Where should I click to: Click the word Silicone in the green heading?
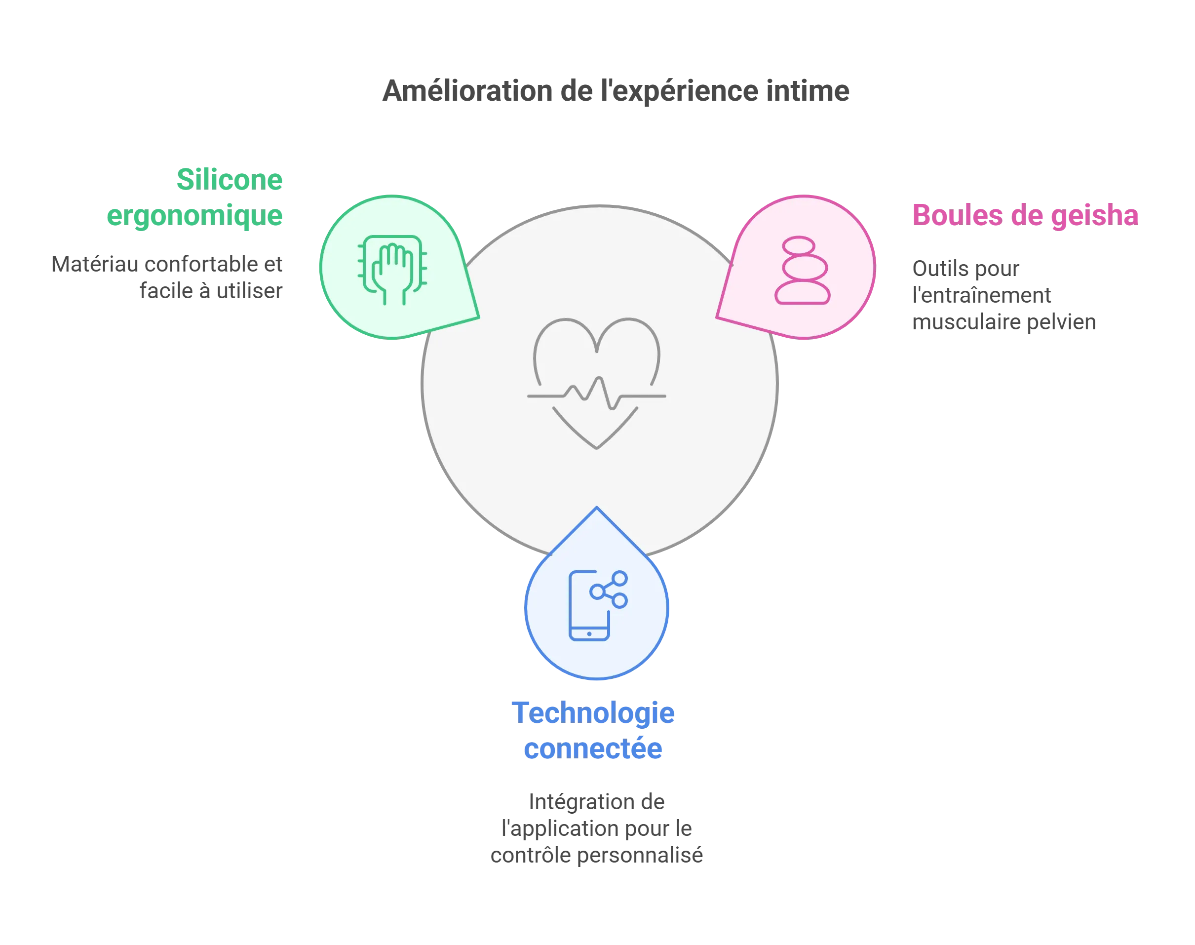pyautogui.click(x=230, y=180)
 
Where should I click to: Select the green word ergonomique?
pyautogui.click(x=194, y=215)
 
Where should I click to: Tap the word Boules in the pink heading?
pyautogui.click(x=957, y=215)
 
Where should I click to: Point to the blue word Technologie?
pyautogui.click(x=592, y=712)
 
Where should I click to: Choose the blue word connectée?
pyautogui.click(x=592, y=748)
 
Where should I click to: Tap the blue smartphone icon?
pyautogui.click(x=589, y=606)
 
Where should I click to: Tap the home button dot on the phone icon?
pyautogui.click(x=589, y=633)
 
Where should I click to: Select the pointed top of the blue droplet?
pyautogui.click(x=597, y=508)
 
